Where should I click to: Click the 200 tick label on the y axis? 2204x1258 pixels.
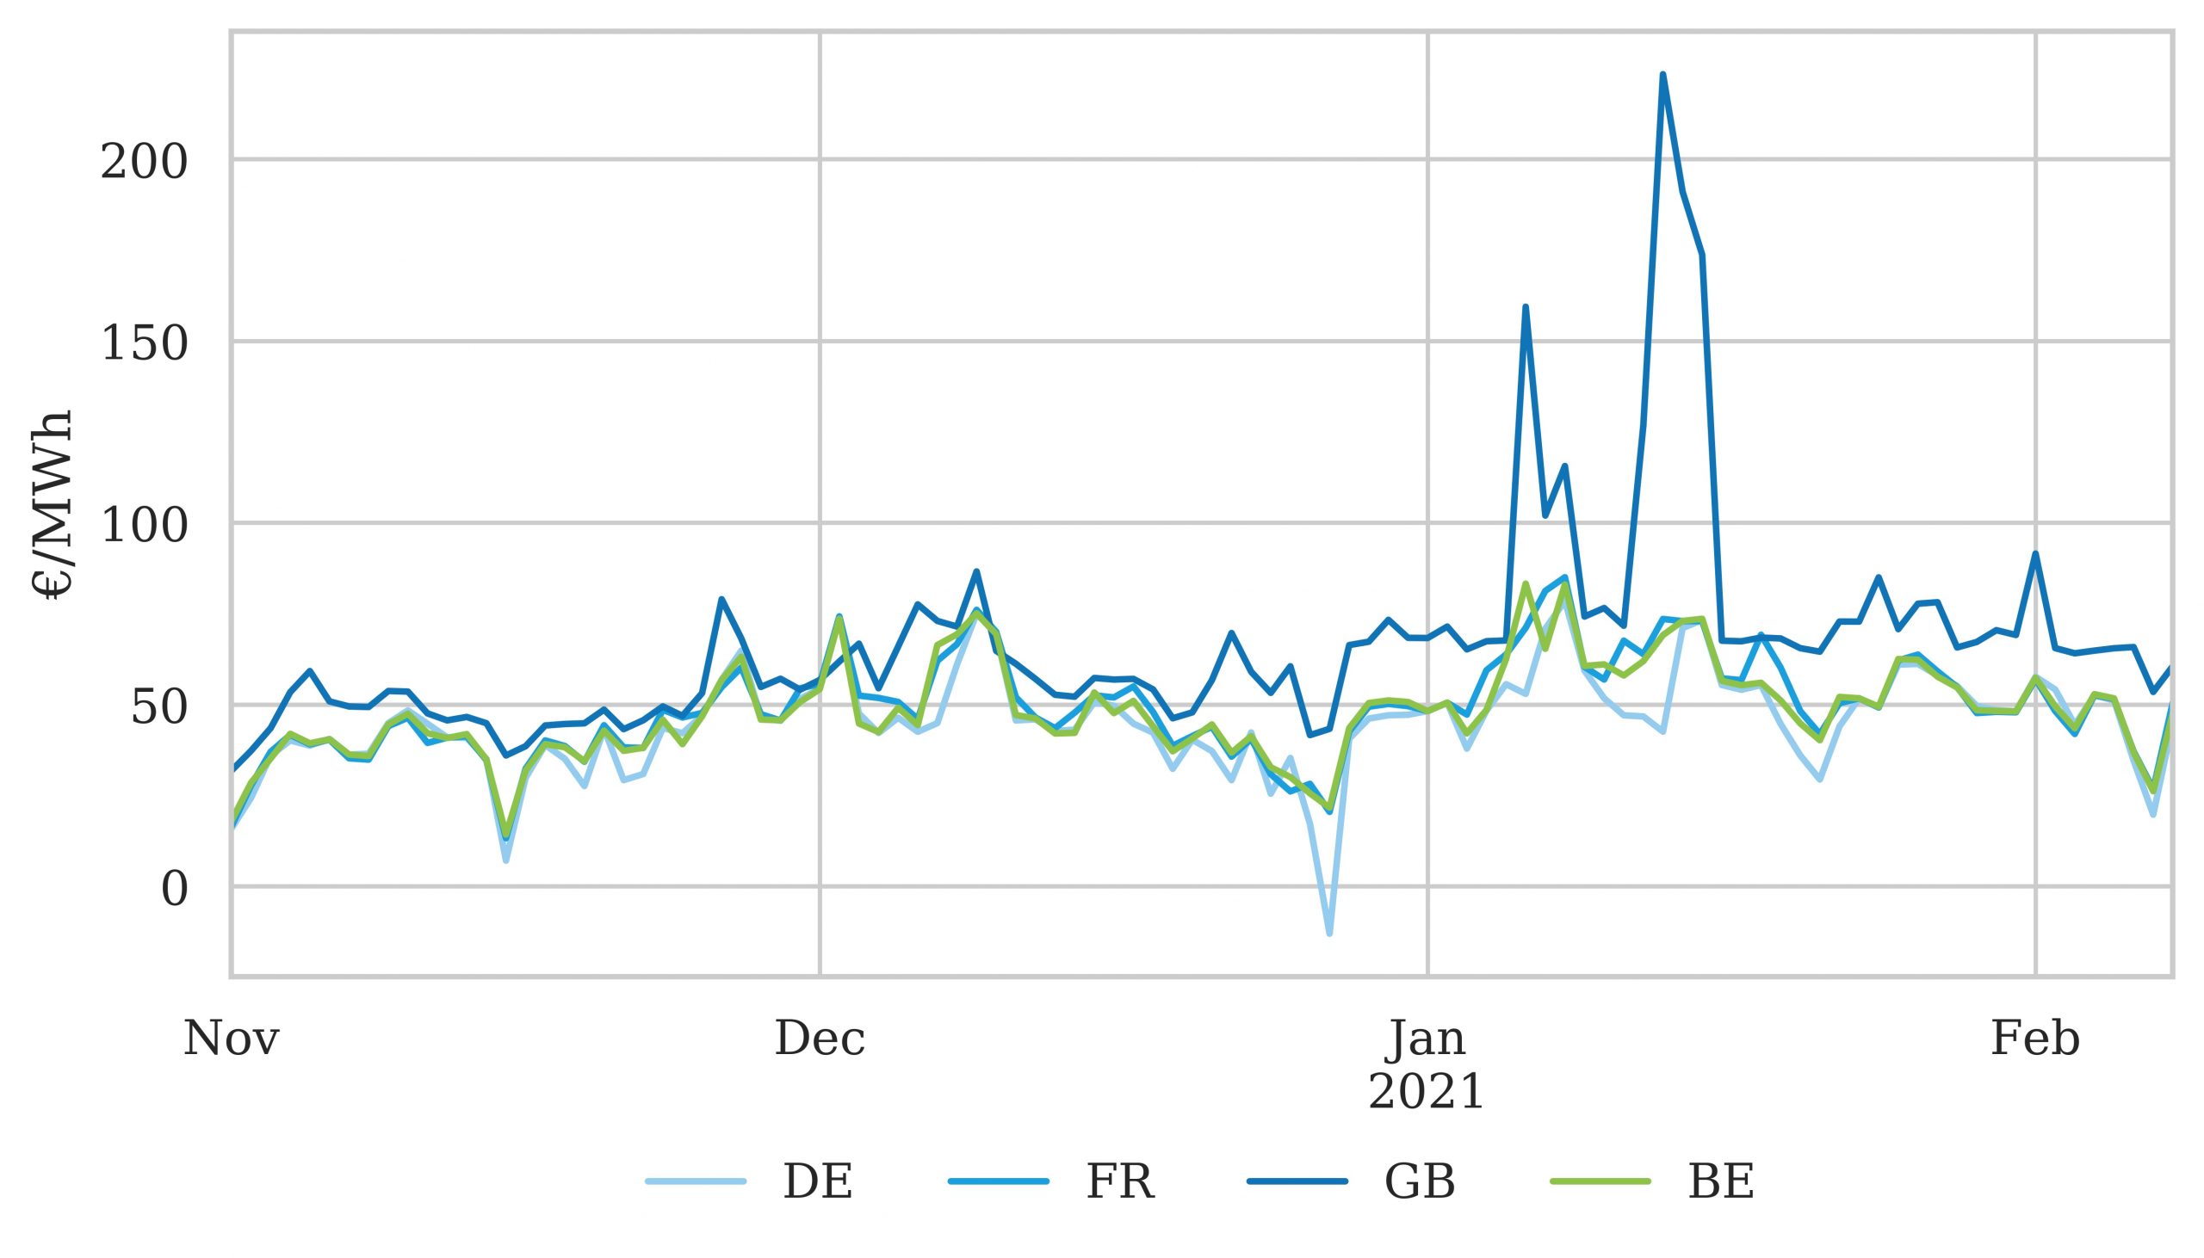pyautogui.click(x=144, y=163)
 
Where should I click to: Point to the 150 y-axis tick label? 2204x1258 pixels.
pyautogui.click(x=144, y=345)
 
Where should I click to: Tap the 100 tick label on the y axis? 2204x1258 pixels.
pyautogui.click(x=144, y=527)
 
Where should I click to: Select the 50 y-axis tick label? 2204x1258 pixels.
pyautogui.click(x=158, y=707)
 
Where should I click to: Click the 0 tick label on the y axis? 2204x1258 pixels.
pyautogui.click(x=174, y=890)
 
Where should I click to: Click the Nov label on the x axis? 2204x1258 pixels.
pyautogui.click(x=231, y=1039)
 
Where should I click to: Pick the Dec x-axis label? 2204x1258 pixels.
pyautogui.click(x=820, y=1039)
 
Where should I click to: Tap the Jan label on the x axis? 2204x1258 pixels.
pyautogui.click(x=1427, y=1039)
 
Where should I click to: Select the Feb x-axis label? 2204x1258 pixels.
pyautogui.click(x=2035, y=1039)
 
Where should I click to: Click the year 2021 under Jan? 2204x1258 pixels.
pyautogui.click(x=1427, y=1092)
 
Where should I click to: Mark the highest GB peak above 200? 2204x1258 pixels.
pyautogui.click(x=1663, y=74)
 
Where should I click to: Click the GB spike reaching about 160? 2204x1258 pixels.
pyautogui.click(x=1526, y=306)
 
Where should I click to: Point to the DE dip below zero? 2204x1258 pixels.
pyautogui.click(x=1329, y=933)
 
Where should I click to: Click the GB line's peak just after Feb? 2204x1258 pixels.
pyautogui.click(x=2035, y=553)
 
